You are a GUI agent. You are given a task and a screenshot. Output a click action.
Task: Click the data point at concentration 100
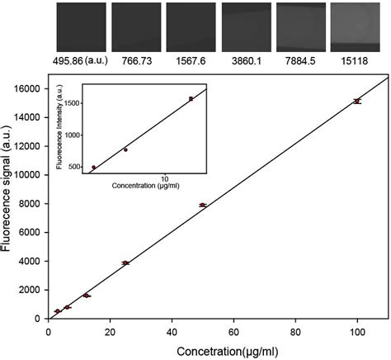point(356,101)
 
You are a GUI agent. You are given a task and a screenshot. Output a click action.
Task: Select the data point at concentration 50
point(202,205)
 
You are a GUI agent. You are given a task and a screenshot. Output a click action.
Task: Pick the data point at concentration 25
point(125,263)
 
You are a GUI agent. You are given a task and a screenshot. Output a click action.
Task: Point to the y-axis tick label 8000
point(31,204)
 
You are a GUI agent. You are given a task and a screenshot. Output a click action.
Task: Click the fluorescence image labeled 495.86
point(80,27)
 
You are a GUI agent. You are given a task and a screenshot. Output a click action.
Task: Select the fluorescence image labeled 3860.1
point(246,27)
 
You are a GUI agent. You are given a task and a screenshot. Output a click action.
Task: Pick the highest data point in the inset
point(191,98)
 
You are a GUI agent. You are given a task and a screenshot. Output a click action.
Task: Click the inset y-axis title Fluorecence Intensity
point(60,132)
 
